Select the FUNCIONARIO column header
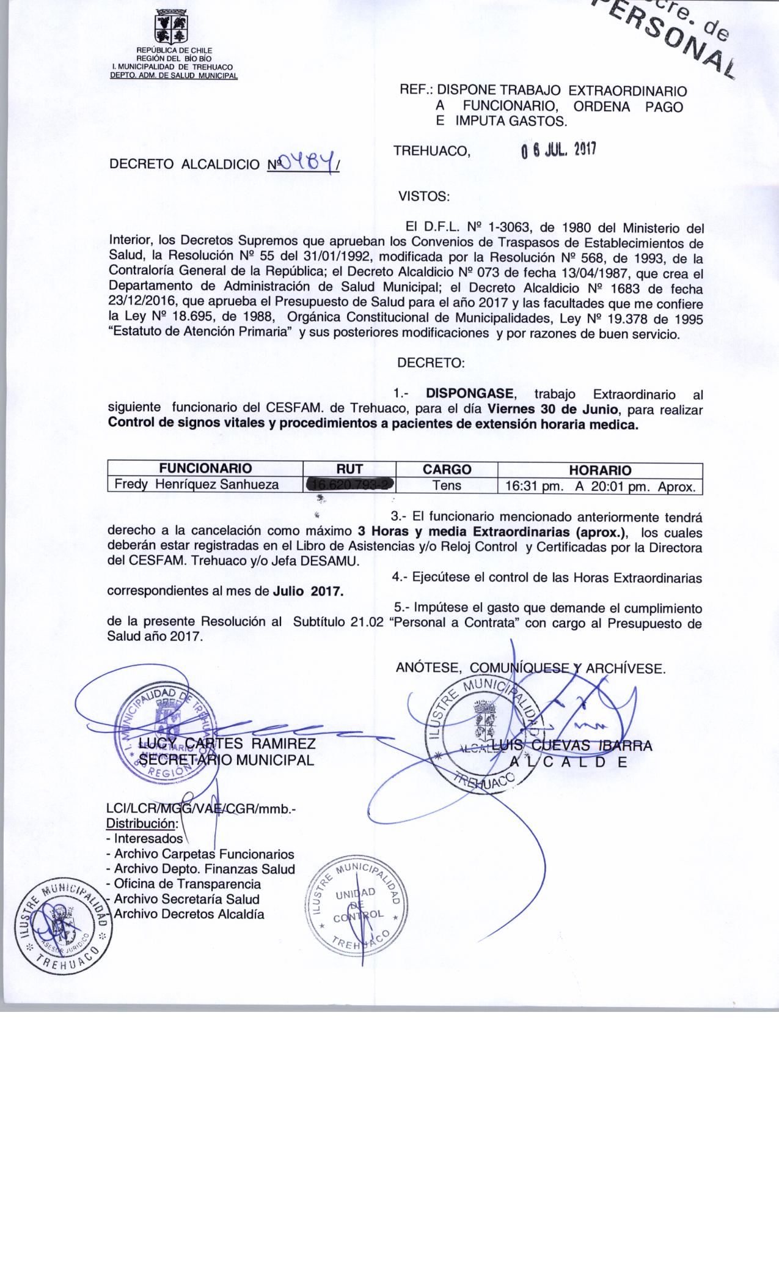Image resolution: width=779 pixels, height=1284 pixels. coord(205,469)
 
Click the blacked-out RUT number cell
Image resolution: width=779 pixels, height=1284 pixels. coord(351,485)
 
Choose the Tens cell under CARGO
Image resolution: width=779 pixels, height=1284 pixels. coord(447,485)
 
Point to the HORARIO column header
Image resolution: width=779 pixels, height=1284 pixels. coord(600,470)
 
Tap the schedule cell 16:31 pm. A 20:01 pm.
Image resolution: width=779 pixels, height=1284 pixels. coord(600,487)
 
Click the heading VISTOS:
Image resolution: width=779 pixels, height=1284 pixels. coord(424,197)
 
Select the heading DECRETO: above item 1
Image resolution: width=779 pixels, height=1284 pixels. coord(431,363)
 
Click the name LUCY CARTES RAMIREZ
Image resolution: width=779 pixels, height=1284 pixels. coord(227,744)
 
